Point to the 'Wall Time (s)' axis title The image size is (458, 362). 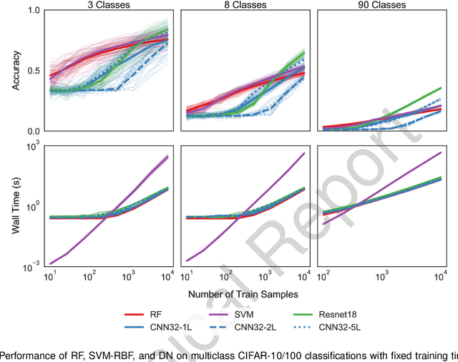pos(15,207)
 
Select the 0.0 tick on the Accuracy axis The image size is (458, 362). pos(35,132)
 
